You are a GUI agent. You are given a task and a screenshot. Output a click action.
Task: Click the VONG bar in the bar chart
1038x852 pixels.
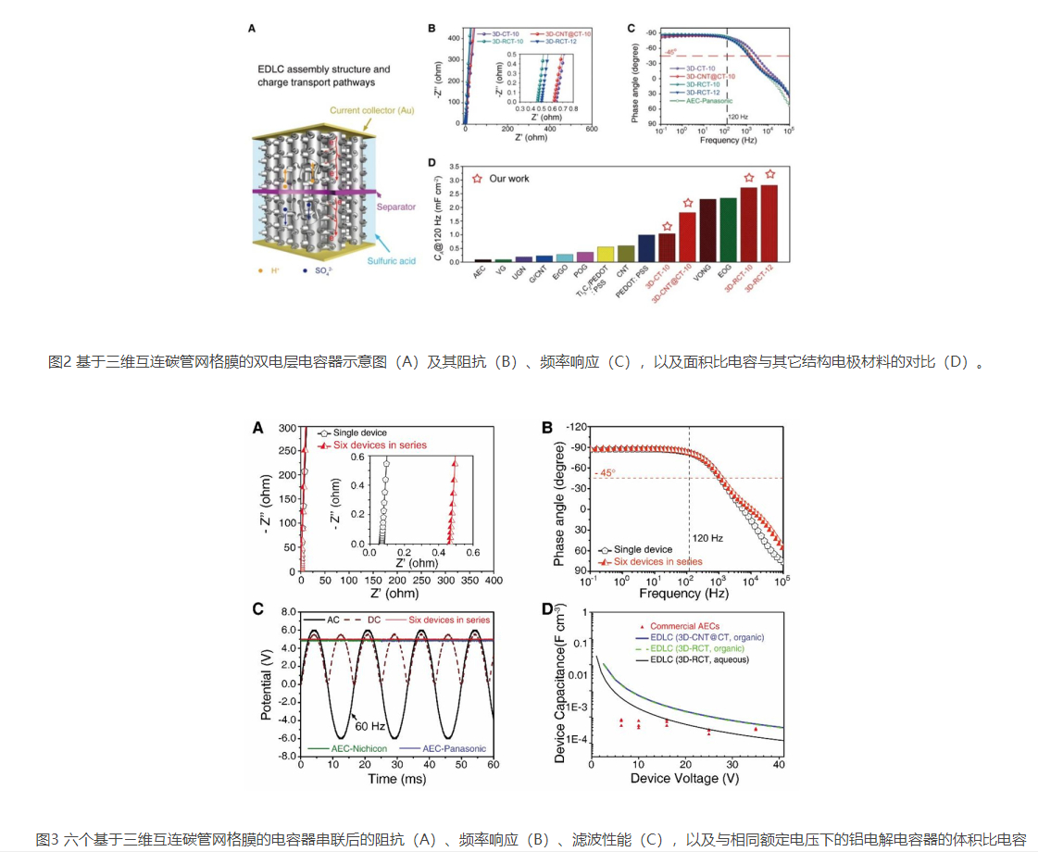click(x=707, y=230)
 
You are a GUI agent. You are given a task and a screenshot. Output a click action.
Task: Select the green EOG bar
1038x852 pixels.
click(x=728, y=229)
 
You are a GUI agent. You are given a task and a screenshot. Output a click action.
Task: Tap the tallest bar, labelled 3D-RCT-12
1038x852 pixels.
click(x=769, y=223)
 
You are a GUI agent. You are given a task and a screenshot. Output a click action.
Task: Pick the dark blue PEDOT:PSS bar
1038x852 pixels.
click(x=646, y=248)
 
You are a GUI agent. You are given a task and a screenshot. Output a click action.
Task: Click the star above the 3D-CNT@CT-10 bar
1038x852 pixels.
click(x=687, y=203)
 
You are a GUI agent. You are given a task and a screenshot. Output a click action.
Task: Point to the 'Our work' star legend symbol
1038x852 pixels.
click(x=478, y=178)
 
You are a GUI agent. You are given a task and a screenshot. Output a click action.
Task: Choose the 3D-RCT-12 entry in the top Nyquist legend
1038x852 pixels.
click(x=568, y=41)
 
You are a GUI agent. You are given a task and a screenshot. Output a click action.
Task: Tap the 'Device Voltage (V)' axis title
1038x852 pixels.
click(x=686, y=779)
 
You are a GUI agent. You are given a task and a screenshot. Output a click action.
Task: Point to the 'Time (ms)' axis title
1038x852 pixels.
click(x=396, y=779)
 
